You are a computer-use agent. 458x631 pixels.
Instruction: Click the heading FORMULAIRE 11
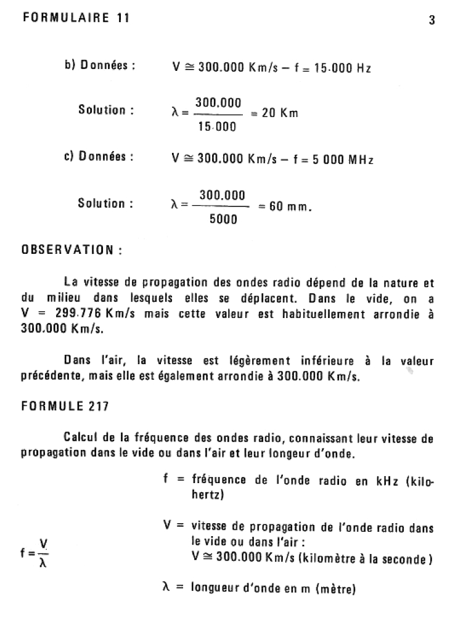(76, 18)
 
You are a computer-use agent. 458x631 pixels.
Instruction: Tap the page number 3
(431, 20)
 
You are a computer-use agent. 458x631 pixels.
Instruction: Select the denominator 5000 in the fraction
(223, 219)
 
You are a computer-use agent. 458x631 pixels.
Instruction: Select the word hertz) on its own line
(207, 495)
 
